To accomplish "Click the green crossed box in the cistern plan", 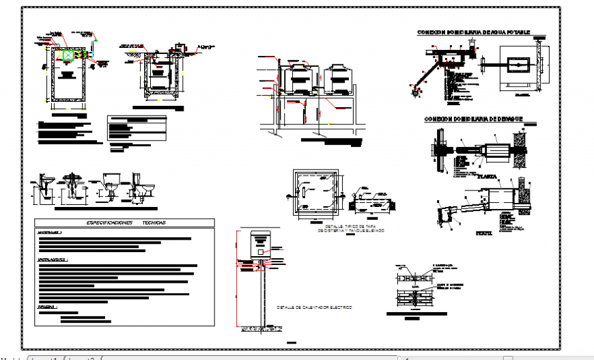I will (68, 55).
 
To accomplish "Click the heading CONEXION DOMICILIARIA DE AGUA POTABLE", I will (472, 32).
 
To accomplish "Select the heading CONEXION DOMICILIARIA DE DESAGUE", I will (473, 119).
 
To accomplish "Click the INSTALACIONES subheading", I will (53, 260).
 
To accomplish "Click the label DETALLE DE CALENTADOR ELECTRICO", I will (314, 308).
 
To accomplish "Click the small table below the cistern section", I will (137, 126).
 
